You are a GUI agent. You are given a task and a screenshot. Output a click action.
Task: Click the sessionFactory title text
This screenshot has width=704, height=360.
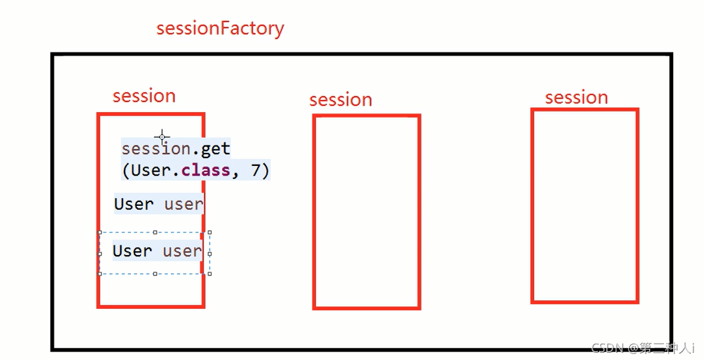pyautogui.click(x=220, y=29)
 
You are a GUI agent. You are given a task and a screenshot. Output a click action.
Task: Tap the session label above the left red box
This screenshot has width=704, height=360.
pyautogui.click(x=144, y=96)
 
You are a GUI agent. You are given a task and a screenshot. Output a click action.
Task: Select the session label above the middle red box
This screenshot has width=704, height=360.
pyautogui.click(x=341, y=100)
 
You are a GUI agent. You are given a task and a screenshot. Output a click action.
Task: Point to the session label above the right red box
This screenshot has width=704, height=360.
pyautogui.click(x=577, y=98)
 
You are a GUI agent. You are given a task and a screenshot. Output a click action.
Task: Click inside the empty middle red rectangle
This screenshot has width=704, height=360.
pyautogui.click(x=366, y=211)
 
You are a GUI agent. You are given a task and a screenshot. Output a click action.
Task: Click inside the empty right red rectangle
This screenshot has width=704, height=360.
pyautogui.click(x=585, y=206)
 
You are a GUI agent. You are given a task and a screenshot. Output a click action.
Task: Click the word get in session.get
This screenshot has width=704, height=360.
pyautogui.click(x=216, y=149)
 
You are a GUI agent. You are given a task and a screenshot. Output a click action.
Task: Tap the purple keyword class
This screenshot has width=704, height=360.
pyautogui.click(x=206, y=170)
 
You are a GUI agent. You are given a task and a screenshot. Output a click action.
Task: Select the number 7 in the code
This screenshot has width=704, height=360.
pyautogui.click(x=256, y=170)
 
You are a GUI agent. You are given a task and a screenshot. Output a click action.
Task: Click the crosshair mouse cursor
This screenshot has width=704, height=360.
pyautogui.click(x=162, y=137)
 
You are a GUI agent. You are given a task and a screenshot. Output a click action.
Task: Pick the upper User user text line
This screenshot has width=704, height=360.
pyautogui.click(x=159, y=204)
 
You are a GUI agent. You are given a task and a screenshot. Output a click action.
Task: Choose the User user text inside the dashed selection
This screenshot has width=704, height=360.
pyautogui.click(x=157, y=251)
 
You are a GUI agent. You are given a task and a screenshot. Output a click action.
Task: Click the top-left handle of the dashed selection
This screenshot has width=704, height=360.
pyautogui.click(x=100, y=232)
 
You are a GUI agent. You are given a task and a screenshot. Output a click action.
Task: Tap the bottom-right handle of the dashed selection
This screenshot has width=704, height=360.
pyautogui.click(x=210, y=273)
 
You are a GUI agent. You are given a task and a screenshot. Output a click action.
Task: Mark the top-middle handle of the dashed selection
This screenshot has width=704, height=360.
pyautogui.click(x=155, y=232)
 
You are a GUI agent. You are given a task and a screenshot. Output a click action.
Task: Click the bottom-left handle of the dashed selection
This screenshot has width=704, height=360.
pyautogui.click(x=100, y=273)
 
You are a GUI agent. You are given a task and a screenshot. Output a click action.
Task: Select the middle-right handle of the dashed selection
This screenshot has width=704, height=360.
pyautogui.click(x=210, y=252)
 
